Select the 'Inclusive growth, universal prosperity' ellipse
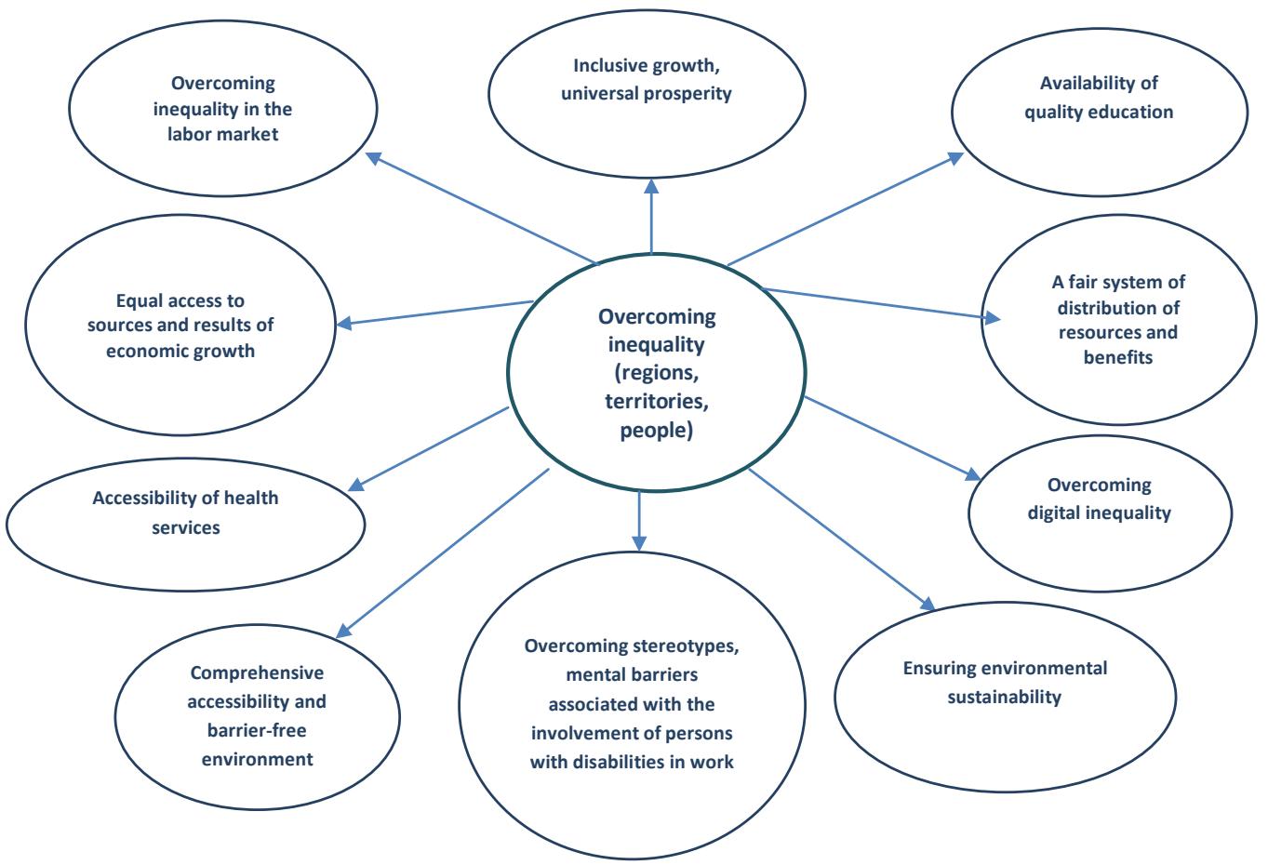point(651,80)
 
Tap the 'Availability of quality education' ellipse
point(1099,98)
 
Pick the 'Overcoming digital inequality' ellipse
point(1099,499)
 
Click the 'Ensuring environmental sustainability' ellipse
point(1005,683)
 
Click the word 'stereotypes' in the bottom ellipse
point(695,646)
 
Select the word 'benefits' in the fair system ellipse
point(1117,356)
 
